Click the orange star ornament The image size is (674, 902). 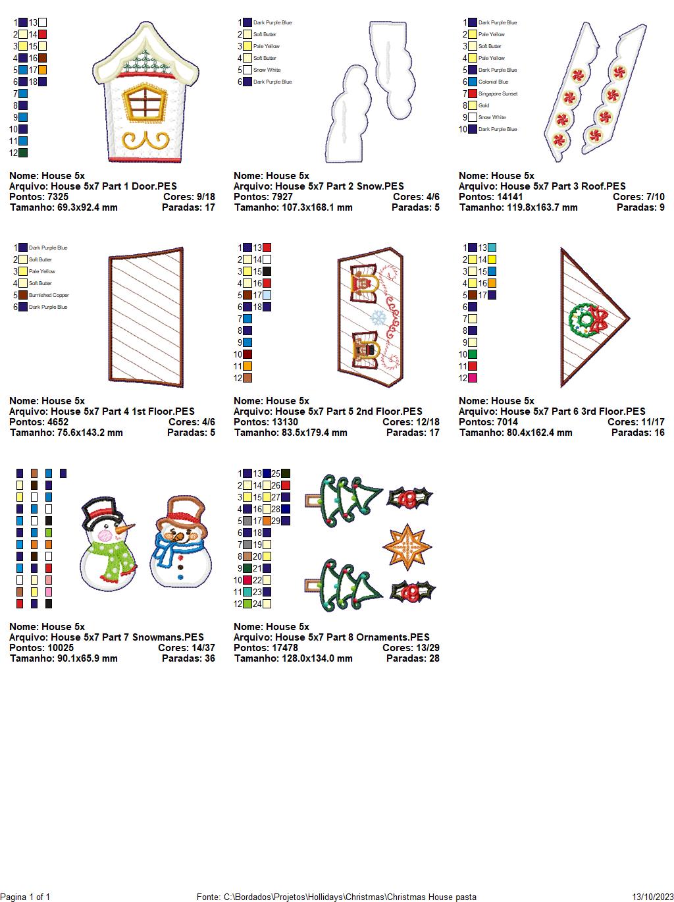(x=407, y=546)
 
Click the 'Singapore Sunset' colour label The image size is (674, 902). (x=498, y=93)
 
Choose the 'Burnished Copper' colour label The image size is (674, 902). (x=49, y=295)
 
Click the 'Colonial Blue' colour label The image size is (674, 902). (x=493, y=82)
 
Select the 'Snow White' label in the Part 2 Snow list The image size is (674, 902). (x=267, y=70)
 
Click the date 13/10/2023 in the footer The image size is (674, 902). (x=652, y=897)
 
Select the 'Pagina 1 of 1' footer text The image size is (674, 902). (x=25, y=897)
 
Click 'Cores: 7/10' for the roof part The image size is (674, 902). (x=638, y=197)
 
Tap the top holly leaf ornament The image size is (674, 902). (x=409, y=498)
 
